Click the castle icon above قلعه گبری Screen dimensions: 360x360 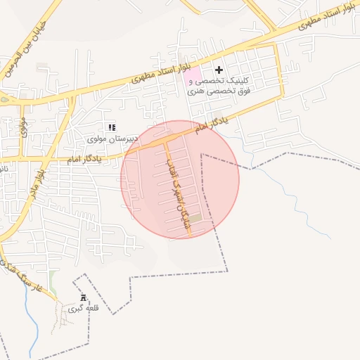pos(84,297)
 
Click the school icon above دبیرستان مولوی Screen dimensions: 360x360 pos(111,127)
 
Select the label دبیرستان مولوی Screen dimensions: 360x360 pos(105,139)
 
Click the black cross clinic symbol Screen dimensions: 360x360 pos(219,70)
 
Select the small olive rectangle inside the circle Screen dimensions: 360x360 pos(196,217)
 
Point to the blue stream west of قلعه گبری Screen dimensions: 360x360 pos(26,309)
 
